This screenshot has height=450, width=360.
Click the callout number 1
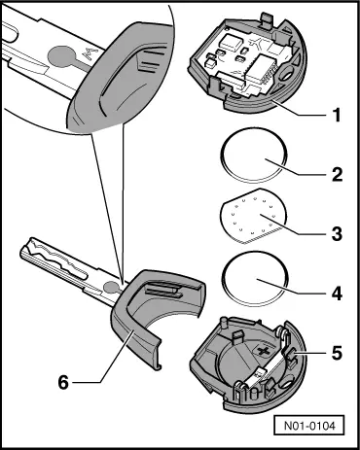[337, 115]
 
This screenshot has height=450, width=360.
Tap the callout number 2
[337, 174]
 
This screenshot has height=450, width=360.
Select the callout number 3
[337, 233]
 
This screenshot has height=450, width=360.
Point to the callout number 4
[337, 294]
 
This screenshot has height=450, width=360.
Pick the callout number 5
[337, 353]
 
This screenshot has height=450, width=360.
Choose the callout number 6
[63, 382]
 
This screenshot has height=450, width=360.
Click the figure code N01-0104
[309, 426]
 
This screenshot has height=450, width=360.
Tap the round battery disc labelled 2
[254, 155]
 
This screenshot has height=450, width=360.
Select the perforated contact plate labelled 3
[253, 216]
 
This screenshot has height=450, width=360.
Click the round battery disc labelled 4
[255, 278]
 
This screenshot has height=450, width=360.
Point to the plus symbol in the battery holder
[263, 351]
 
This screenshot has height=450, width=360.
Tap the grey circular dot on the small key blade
[111, 287]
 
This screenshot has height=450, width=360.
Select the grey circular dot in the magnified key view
[63, 54]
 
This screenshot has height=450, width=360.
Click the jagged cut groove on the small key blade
[55, 255]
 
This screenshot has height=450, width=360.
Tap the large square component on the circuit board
[230, 43]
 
